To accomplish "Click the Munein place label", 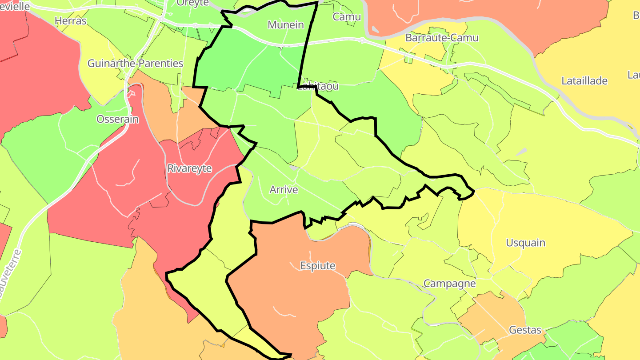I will pyautogui.click(x=285, y=25).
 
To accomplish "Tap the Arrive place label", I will pyautogui.click(x=284, y=190).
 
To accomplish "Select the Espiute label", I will pyautogui.click(x=318, y=266).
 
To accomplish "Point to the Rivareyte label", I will pyautogui.click(x=189, y=168).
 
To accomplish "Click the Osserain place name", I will pyautogui.click(x=117, y=119).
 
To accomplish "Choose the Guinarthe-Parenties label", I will pyautogui.click(x=135, y=64).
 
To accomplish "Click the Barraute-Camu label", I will pyautogui.click(x=441, y=38).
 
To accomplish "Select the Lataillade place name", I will pyautogui.click(x=584, y=81).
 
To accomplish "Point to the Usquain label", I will pyautogui.click(x=525, y=243).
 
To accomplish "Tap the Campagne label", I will pyautogui.click(x=449, y=283).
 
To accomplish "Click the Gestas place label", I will pyautogui.click(x=525, y=330).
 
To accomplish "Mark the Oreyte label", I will pyautogui.click(x=192, y=3).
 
